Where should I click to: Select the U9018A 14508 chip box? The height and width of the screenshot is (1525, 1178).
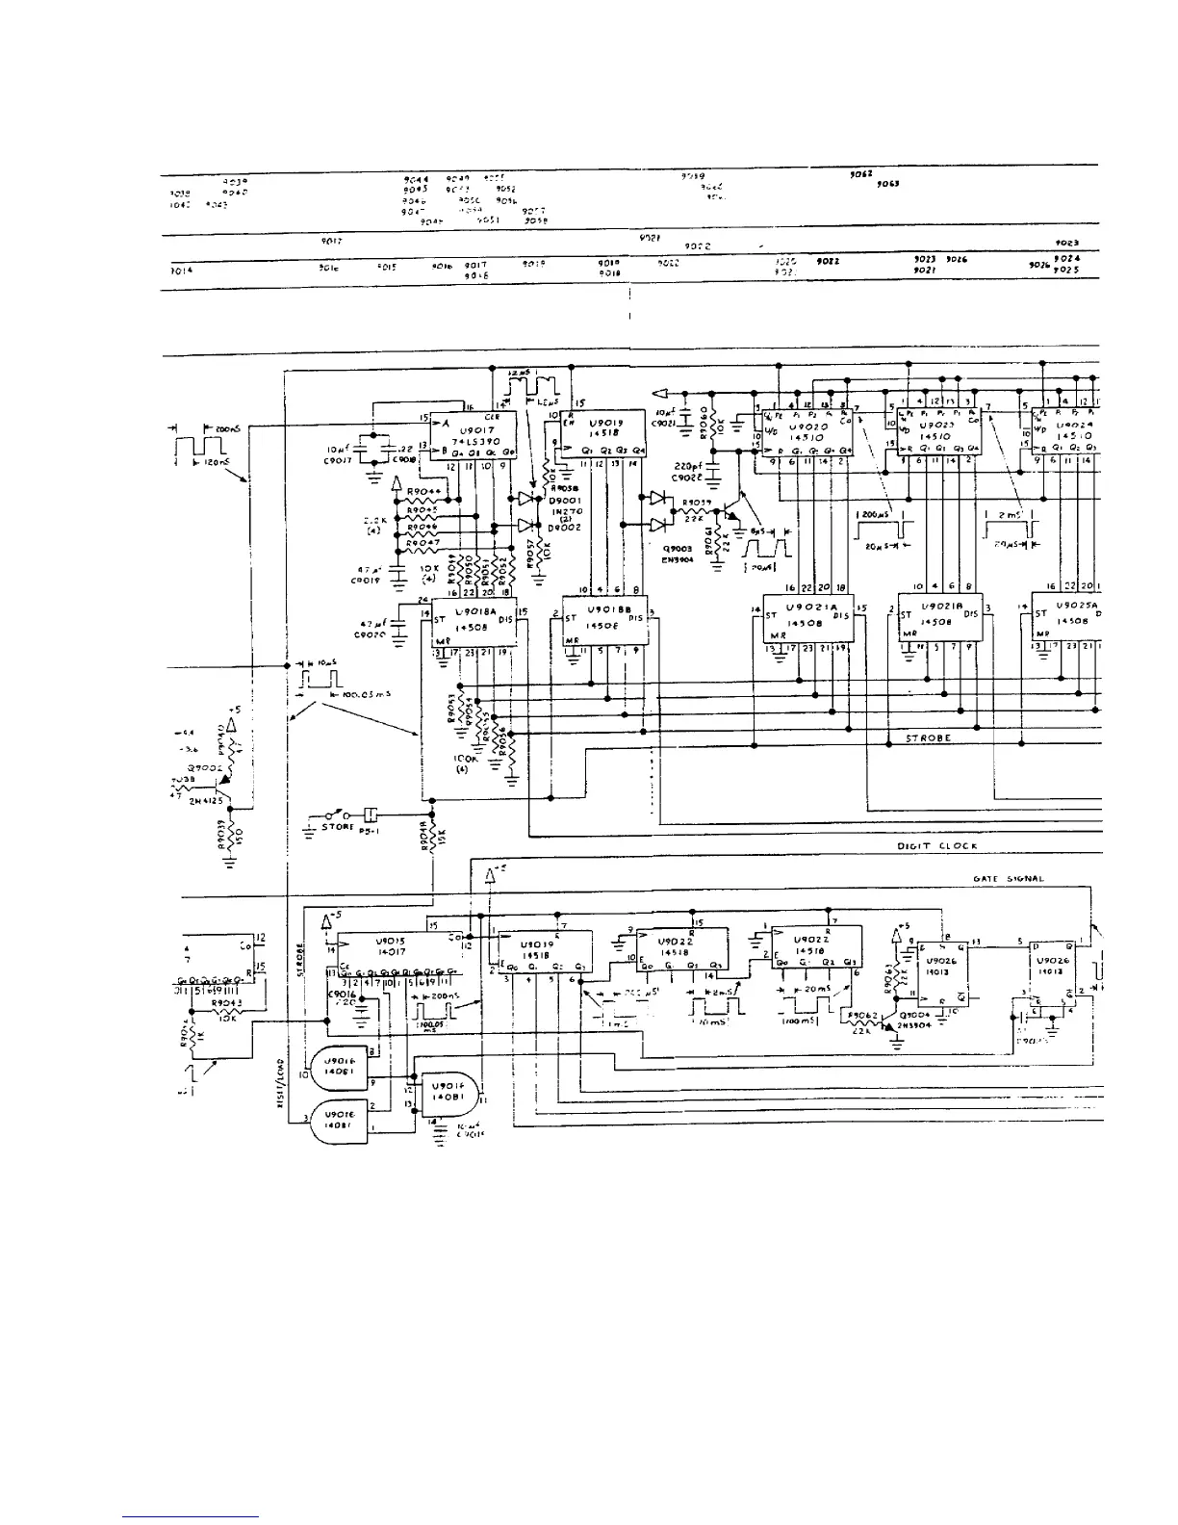point(474,621)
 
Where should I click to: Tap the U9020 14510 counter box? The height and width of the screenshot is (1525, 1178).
point(807,431)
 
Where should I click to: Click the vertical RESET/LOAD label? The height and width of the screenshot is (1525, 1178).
point(277,1080)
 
